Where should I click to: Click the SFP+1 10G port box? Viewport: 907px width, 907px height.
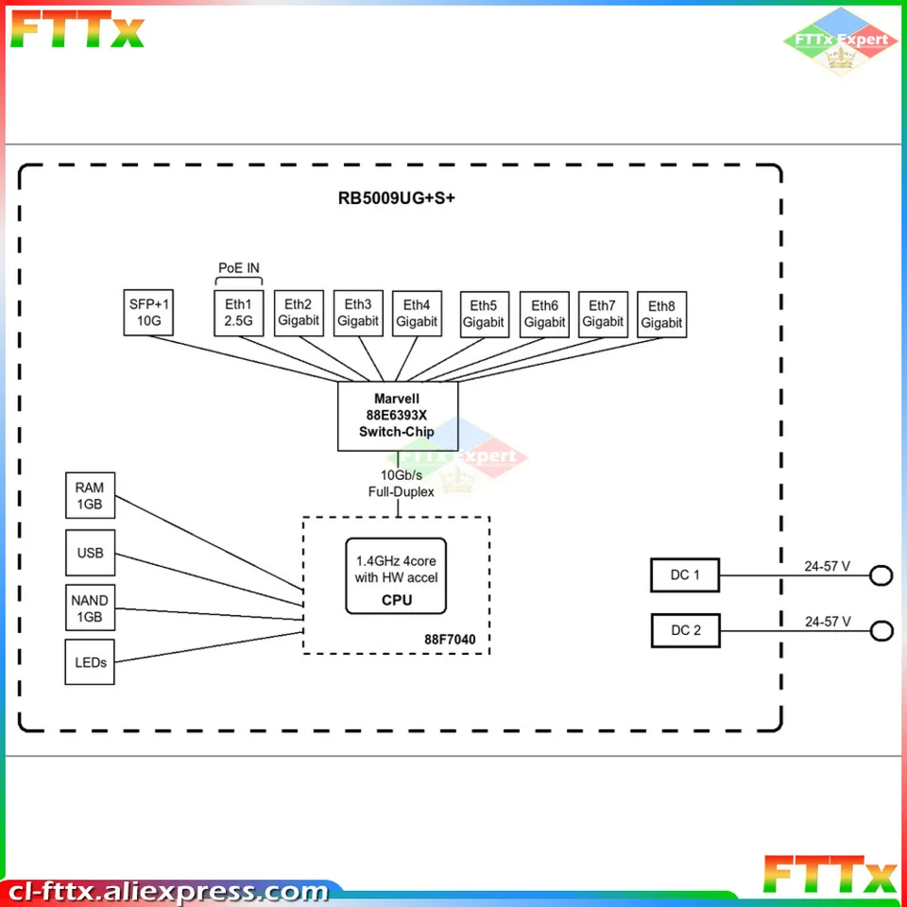pyautogui.click(x=149, y=312)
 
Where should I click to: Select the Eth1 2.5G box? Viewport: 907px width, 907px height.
pyautogui.click(x=238, y=312)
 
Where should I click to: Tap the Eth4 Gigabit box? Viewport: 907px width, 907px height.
pyautogui.click(x=417, y=313)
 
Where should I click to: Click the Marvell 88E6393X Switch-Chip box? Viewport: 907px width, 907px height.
pyautogui.click(x=398, y=416)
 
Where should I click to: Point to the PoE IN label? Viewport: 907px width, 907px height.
pyautogui.click(x=239, y=267)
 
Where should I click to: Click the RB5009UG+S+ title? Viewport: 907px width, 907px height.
pyautogui.click(x=397, y=198)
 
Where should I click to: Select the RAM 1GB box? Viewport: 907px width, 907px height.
pyautogui.click(x=90, y=496)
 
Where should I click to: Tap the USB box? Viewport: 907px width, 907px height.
pyautogui.click(x=90, y=553)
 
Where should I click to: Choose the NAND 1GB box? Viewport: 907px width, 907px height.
pyautogui.click(x=90, y=609)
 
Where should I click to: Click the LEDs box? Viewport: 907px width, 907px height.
pyautogui.click(x=90, y=662)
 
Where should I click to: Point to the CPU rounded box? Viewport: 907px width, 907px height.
pyautogui.click(x=396, y=576)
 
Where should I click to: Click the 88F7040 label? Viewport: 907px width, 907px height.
pyautogui.click(x=450, y=640)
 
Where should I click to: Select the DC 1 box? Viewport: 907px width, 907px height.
pyautogui.click(x=685, y=574)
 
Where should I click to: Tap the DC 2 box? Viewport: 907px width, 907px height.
pyautogui.click(x=685, y=630)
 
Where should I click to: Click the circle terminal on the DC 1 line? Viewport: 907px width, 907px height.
pyautogui.click(x=881, y=574)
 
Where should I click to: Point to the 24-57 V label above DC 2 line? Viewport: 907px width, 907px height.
pyautogui.click(x=828, y=622)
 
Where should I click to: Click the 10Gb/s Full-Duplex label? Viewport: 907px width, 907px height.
pyautogui.click(x=402, y=483)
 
